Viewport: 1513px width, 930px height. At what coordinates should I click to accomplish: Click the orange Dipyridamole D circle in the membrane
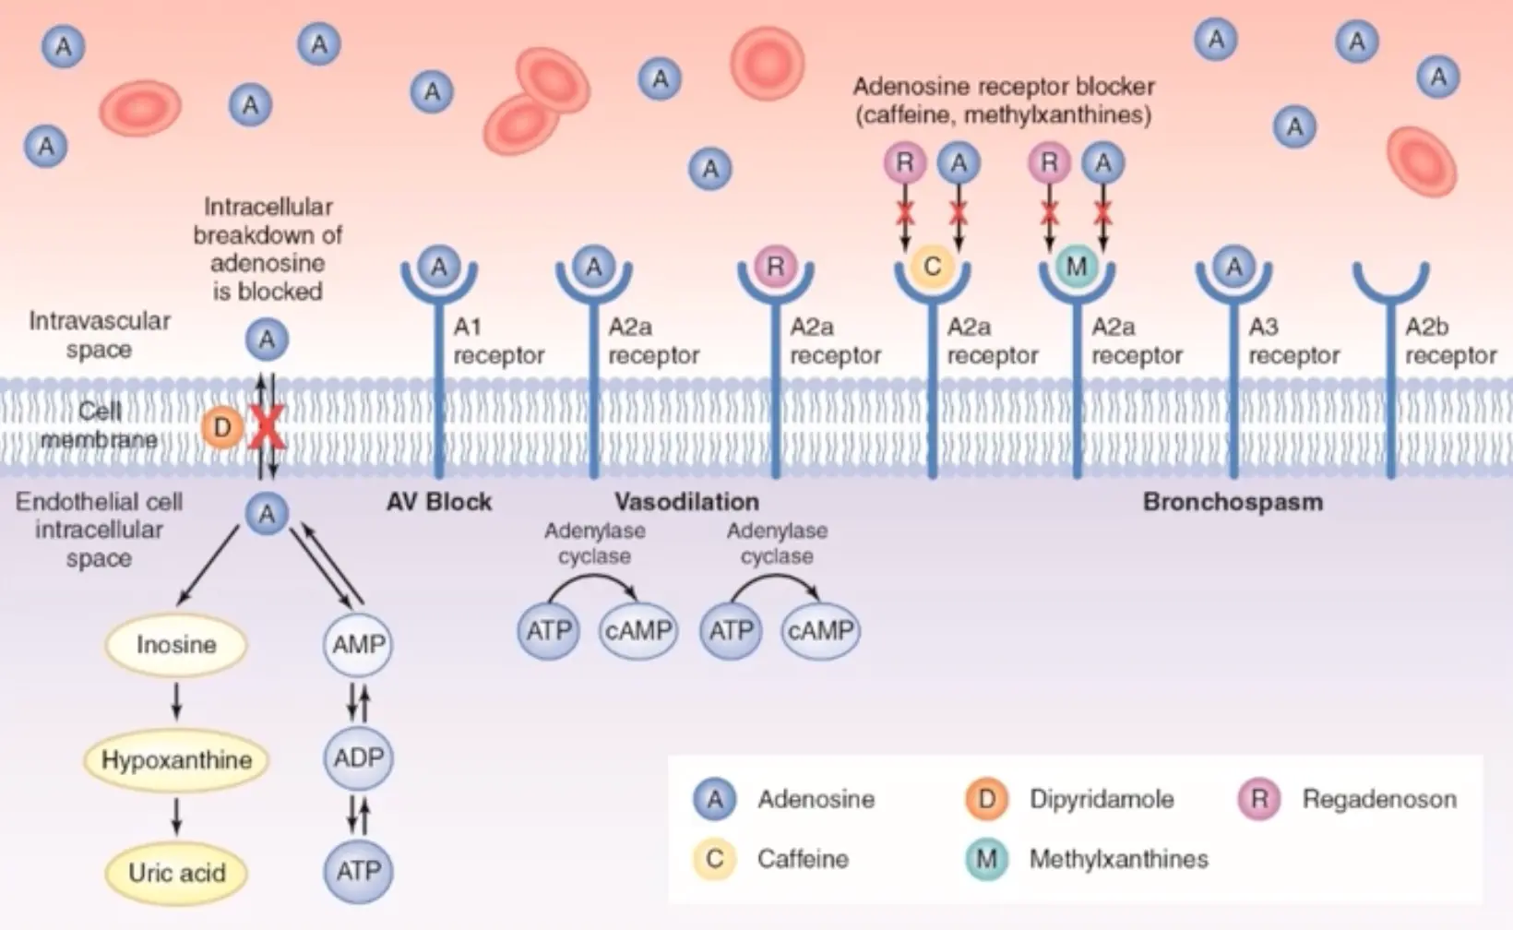pyautogui.click(x=222, y=427)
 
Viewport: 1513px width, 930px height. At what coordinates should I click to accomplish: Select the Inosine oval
pyautogui.click(x=176, y=644)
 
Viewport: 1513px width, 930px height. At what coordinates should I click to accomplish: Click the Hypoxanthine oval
pyautogui.click(x=176, y=759)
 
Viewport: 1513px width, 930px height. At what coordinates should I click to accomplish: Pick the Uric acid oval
pyautogui.click(x=176, y=873)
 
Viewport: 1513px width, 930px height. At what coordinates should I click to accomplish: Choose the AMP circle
pyautogui.click(x=358, y=644)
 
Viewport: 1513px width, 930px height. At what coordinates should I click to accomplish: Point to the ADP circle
pyautogui.click(x=358, y=757)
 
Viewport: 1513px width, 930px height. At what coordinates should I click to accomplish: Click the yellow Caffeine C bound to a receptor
pyautogui.click(x=932, y=267)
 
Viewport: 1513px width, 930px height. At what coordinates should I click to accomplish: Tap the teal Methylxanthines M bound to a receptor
pyautogui.click(x=1077, y=267)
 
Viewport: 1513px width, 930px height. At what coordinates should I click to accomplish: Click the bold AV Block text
pyautogui.click(x=439, y=502)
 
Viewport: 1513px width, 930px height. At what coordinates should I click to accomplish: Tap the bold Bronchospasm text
pyautogui.click(x=1233, y=502)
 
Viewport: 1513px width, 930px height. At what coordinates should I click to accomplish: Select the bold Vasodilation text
pyautogui.click(x=686, y=502)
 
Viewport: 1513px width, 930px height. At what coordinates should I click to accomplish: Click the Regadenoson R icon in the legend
pyautogui.click(x=1259, y=799)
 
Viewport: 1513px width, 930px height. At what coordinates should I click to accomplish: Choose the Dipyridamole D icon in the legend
pyautogui.click(x=986, y=799)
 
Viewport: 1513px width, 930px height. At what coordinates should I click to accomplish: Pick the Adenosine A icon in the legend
pyautogui.click(x=715, y=799)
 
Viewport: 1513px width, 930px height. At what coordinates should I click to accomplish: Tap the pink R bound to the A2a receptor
pyautogui.click(x=775, y=267)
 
